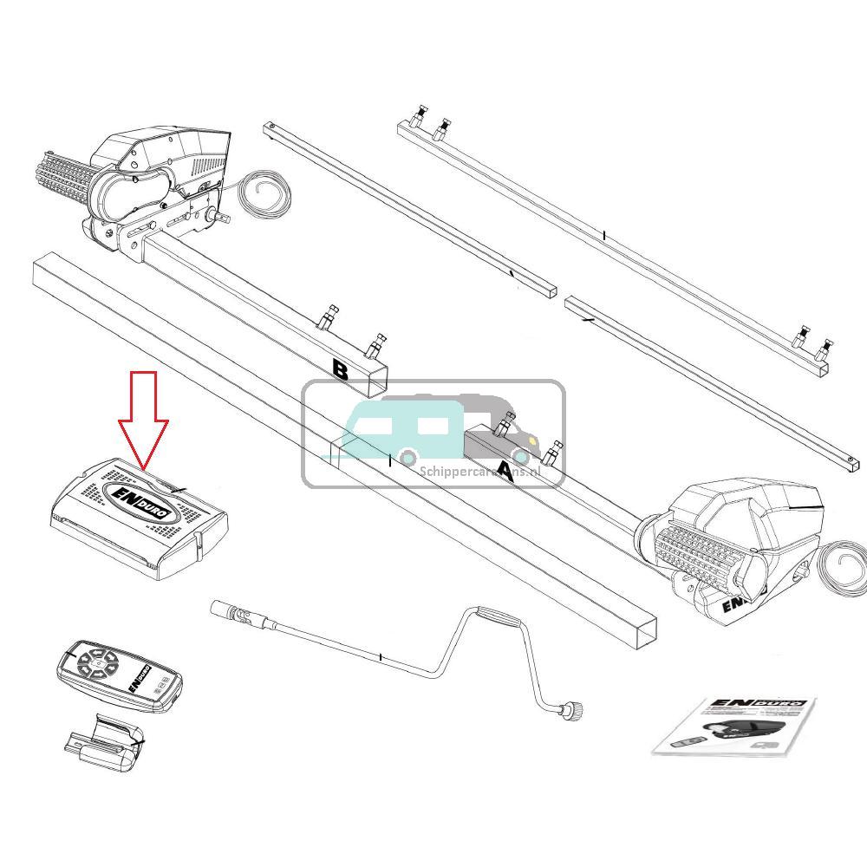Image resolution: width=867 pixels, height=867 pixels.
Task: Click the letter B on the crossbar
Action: point(341,370)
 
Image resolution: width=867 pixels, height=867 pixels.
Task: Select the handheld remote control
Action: point(120,675)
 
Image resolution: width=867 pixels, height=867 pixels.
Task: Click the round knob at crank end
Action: point(574,711)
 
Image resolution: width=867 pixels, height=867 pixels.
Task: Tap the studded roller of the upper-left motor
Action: point(65,177)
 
